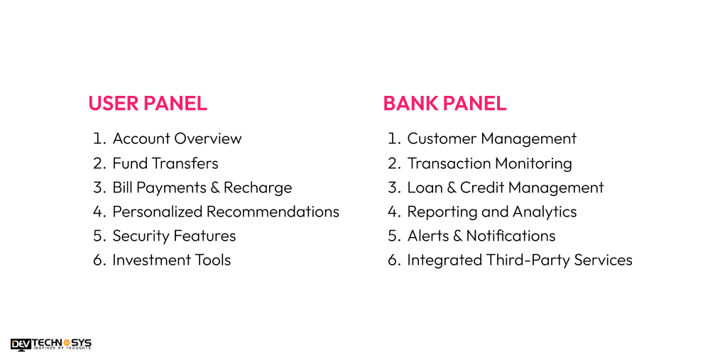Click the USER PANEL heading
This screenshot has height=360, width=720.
(x=148, y=104)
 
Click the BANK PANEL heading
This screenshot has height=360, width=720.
(x=444, y=104)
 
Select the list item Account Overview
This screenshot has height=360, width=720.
(x=177, y=139)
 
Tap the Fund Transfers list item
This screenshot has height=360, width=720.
(x=165, y=163)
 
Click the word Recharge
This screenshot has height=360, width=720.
(x=258, y=187)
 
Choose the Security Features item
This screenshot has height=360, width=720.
(x=174, y=236)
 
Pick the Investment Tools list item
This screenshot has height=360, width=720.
(x=171, y=260)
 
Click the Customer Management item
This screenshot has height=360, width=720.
(x=491, y=139)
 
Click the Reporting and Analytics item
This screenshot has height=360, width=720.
(x=491, y=212)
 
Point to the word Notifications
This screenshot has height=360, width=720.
(x=511, y=236)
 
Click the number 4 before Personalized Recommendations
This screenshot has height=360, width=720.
(x=99, y=212)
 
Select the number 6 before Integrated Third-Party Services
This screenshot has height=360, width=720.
(x=393, y=260)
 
